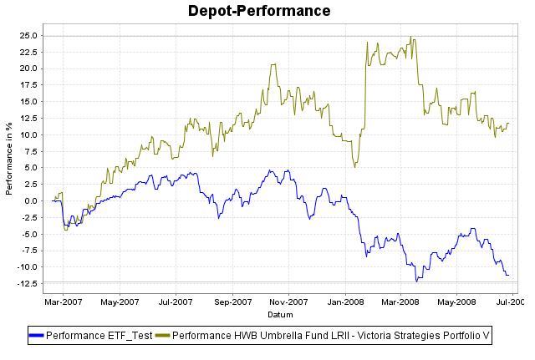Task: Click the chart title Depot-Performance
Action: (259, 11)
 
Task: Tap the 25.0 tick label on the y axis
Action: (29, 36)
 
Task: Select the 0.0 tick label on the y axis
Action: (32, 200)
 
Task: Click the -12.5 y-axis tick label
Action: (28, 283)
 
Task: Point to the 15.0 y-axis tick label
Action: (29, 102)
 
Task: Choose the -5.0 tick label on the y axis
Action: (30, 234)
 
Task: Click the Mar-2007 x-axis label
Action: (63, 301)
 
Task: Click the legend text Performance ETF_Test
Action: (99, 336)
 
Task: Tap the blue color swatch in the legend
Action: (37, 336)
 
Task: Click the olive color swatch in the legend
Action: (162, 336)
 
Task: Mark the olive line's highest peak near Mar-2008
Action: (410, 37)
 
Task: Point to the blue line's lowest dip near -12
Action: (416, 281)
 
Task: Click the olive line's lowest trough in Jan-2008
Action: (355, 167)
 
